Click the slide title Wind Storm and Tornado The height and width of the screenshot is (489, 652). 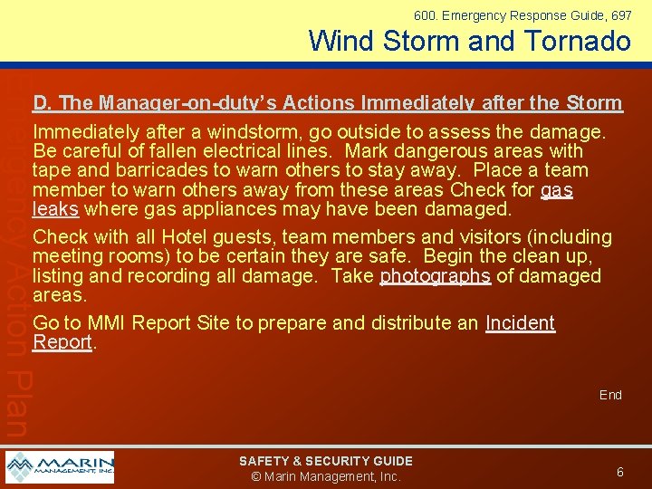click(469, 41)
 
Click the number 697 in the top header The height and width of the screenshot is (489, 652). click(622, 15)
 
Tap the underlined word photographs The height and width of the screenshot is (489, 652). click(436, 275)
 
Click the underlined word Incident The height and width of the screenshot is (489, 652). click(520, 323)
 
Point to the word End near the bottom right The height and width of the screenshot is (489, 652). click(610, 395)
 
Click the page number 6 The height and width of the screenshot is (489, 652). click(619, 472)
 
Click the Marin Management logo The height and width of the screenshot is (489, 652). click(60, 467)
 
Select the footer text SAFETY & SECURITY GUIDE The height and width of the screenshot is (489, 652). click(325, 461)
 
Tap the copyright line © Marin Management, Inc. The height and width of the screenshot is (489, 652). click(325, 476)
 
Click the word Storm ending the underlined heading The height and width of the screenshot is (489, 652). click(593, 103)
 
